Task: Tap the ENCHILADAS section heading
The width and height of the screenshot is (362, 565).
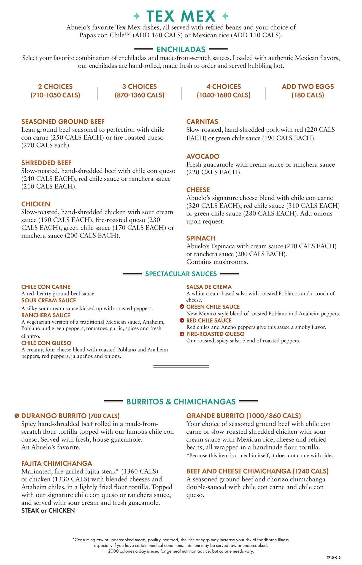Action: pos(181,49)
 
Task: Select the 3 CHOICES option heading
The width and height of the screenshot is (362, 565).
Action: pos(139,87)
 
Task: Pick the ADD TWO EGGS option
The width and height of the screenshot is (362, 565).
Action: pos(308,87)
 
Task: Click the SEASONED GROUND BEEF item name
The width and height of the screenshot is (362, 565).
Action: pos(63,122)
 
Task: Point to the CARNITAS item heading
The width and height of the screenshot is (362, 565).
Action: pos(202,122)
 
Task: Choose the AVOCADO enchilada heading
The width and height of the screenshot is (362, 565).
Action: pos(203,156)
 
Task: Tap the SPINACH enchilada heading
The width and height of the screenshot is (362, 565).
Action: pos(201,238)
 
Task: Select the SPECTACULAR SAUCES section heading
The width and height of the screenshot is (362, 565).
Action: pos(181,274)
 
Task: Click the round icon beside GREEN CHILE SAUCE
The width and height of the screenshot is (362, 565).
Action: pos(182,307)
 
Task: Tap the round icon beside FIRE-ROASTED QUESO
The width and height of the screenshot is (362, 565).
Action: pos(182,334)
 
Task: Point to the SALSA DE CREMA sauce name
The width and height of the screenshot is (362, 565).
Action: pos(209,287)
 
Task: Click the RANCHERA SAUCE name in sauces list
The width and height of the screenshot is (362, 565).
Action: pos(46,315)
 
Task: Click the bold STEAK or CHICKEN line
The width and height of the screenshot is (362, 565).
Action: pos(48,510)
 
